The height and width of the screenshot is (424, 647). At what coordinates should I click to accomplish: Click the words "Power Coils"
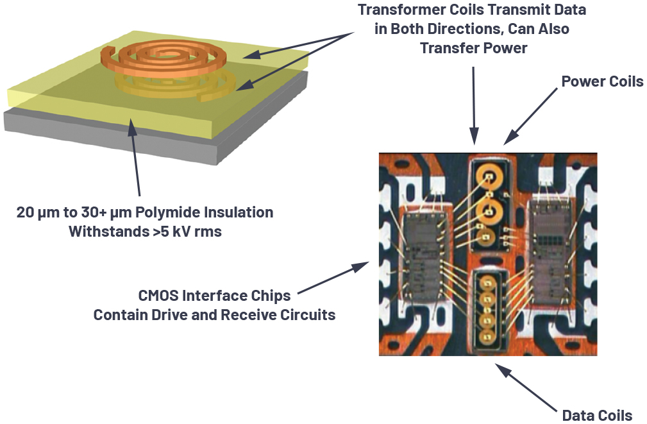602,81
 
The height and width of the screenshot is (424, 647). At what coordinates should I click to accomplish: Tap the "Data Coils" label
597,415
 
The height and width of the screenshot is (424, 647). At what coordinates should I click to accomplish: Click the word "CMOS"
162,296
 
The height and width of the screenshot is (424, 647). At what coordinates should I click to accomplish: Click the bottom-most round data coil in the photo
489,332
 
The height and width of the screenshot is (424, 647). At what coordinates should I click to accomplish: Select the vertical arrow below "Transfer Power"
473,103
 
